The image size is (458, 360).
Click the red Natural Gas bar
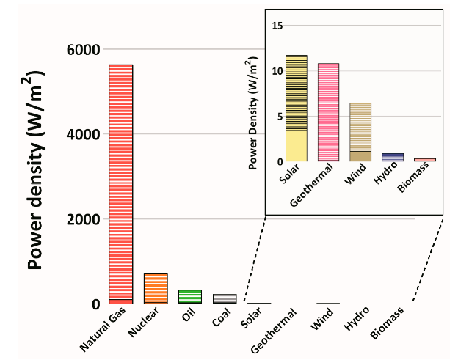[x=120, y=183]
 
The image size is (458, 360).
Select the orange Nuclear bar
[x=155, y=288]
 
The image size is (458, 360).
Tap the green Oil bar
[x=189, y=296]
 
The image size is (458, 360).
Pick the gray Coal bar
[x=225, y=298]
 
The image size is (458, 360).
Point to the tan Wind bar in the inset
[x=360, y=132]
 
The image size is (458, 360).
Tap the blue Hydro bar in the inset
[x=393, y=157]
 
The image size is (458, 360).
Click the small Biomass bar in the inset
[x=424, y=159]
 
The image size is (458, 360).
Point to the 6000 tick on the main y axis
[x=83, y=50]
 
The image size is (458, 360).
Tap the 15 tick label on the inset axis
[x=276, y=26]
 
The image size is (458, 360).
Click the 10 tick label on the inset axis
[x=276, y=71]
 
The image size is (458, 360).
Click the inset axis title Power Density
[x=253, y=113]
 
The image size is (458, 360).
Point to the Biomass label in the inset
[x=417, y=181]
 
